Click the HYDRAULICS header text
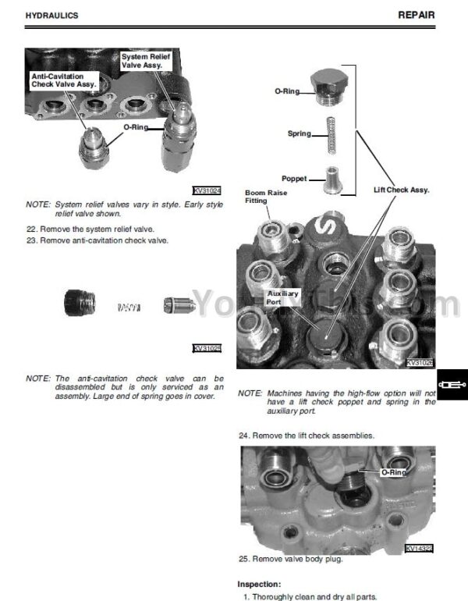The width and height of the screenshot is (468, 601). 51,15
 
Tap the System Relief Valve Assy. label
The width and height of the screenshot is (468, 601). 143,61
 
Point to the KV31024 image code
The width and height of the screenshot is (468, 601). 207,190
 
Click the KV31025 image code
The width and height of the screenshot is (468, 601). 207,349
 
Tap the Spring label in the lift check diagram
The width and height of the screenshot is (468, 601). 300,134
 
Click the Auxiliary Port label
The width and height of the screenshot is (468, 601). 283,298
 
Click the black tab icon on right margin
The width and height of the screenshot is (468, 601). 452,385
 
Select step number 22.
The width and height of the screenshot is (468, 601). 31,229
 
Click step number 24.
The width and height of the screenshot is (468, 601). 243,435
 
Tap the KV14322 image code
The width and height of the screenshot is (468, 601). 420,549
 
